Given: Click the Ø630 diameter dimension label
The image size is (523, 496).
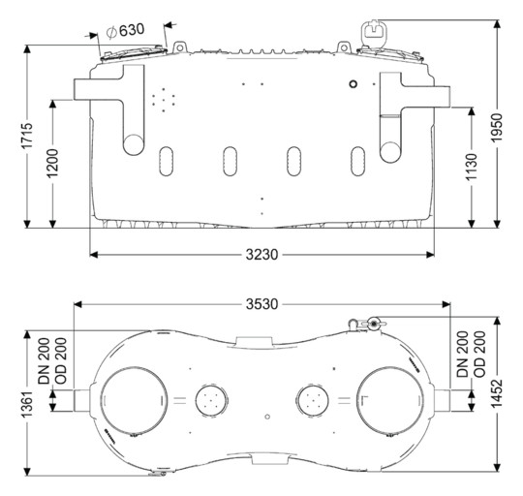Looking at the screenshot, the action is (x=125, y=31).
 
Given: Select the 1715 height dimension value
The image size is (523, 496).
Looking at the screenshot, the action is (x=27, y=136).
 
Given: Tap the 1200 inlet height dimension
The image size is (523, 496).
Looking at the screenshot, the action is (x=52, y=164).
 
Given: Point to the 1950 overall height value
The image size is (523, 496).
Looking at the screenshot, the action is (x=497, y=128).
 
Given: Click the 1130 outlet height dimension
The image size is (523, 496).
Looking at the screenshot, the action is (x=472, y=168).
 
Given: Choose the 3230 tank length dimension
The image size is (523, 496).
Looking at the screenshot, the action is (x=261, y=255).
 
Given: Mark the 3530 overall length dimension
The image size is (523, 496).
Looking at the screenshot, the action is (x=261, y=304).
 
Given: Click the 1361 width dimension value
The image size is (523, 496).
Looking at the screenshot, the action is (x=27, y=404).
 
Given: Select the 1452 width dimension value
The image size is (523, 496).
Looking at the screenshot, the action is (x=497, y=393).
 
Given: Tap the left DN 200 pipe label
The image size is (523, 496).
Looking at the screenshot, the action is (x=44, y=361).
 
